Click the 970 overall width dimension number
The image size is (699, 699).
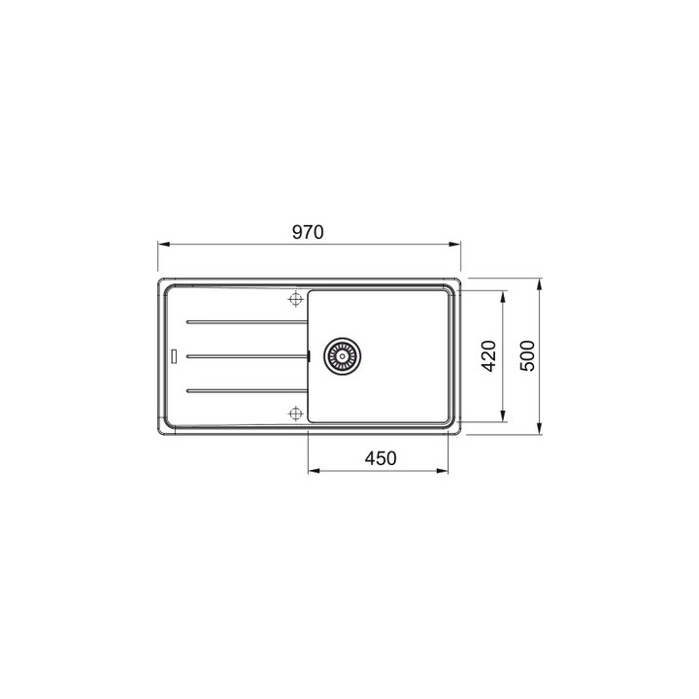308,233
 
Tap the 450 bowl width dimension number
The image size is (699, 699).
380,459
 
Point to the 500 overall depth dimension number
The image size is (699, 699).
527,356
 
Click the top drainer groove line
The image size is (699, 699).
243,321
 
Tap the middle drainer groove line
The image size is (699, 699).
246,356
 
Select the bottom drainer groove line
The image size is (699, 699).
243,391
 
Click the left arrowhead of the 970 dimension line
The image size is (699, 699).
163,245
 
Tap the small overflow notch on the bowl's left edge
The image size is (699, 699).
308,356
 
